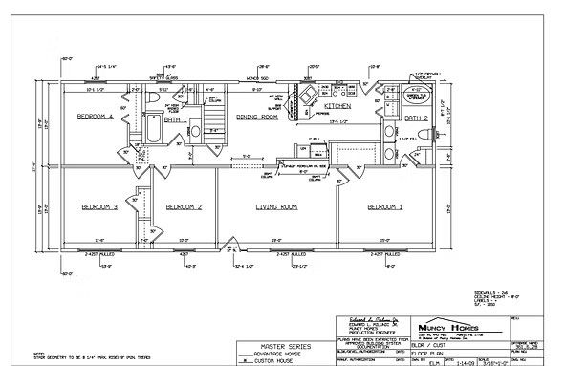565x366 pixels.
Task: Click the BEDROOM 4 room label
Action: tap(96, 117)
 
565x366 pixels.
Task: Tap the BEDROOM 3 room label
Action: tap(98, 206)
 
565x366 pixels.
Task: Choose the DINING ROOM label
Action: tap(256, 117)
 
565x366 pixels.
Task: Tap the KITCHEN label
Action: tap(337, 107)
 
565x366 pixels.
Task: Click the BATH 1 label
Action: tap(177, 120)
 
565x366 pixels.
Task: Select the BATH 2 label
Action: tap(415, 118)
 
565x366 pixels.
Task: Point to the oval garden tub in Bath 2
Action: tap(420, 95)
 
